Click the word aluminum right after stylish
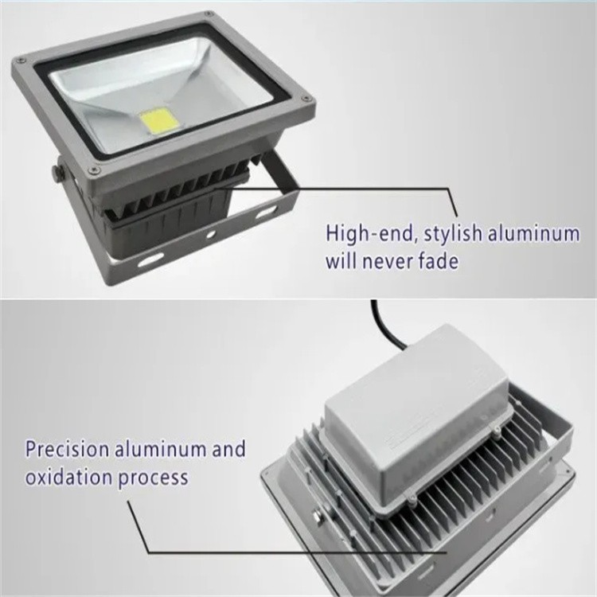pos(537,234)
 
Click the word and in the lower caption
pos(228,450)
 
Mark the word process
pos(152,478)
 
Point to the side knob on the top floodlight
pos(57,171)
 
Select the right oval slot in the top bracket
pos(263,211)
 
